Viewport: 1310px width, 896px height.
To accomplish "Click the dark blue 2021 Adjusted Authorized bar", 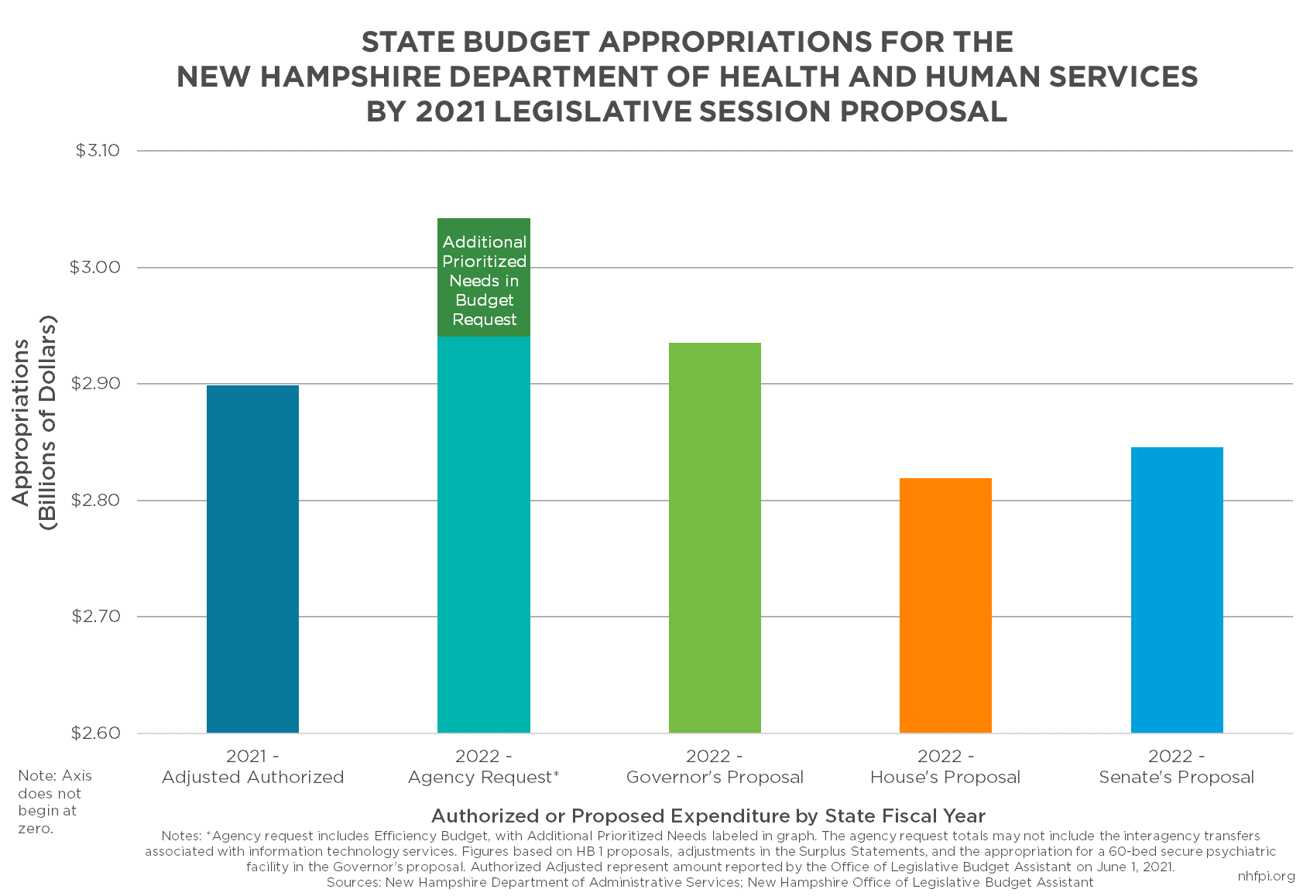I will coord(252,559).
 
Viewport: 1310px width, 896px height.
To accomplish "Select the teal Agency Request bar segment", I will coord(484,534).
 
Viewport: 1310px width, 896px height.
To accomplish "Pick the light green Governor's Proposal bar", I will coord(715,538).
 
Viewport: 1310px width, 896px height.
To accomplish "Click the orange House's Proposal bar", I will coord(945,605).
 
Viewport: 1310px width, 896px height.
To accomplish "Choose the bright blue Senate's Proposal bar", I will coord(1177,590).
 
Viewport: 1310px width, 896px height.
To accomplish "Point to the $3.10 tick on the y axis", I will coord(98,150).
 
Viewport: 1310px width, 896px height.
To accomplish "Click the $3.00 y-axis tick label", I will coord(95,267).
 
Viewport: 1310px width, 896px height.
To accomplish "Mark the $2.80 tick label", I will coord(95,500).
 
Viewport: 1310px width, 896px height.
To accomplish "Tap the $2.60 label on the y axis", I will coord(95,733).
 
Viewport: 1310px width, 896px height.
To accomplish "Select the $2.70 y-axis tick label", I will coord(95,617).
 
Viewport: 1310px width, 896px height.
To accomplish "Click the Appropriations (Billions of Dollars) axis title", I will coord(35,422).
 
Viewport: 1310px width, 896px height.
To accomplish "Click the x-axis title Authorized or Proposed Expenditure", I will coord(708,816).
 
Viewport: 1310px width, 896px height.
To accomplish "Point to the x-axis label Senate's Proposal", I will coord(1176,777).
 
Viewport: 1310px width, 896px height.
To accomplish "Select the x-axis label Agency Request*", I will coord(484,777).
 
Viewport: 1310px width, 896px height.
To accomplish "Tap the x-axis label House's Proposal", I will coord(945,777).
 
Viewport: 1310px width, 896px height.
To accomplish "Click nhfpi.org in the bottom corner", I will coord(1266,876).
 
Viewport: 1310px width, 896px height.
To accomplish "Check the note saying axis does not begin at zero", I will coord(54,802).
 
